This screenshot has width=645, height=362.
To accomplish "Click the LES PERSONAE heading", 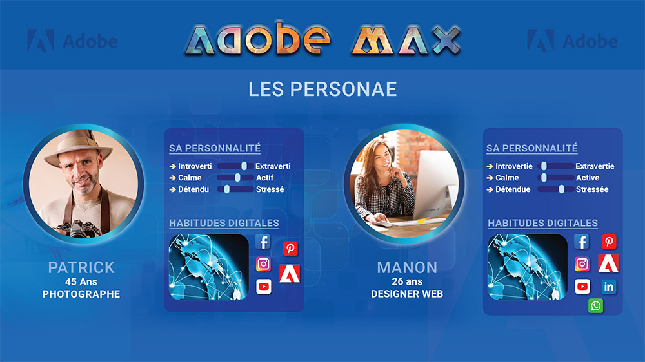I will tap(322, 89).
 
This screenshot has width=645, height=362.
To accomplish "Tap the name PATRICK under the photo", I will tap(81, 267).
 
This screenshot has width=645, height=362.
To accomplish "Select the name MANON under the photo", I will tap(407, 267).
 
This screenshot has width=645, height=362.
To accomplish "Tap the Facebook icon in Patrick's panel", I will tap(263, 242).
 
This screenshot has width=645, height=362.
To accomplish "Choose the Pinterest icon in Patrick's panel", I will tap(290, 249).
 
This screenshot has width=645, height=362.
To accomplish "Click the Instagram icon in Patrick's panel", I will tap(263, 264).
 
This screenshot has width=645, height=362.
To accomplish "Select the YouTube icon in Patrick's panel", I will tap(263, 287).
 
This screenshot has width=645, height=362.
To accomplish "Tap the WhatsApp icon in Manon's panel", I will tap(595, 305).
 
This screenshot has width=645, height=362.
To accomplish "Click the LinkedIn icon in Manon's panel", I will tap(608, 287).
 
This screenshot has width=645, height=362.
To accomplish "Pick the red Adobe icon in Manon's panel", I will tap(608, 263).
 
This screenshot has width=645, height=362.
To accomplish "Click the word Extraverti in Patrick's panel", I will tap(273, 166).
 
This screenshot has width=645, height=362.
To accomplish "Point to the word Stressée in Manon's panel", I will tap(592, 189).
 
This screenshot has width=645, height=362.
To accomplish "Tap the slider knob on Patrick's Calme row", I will tap(237, 178).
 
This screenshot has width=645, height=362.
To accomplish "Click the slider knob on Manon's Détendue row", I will tap(562, 189).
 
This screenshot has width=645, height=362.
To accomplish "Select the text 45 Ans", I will tap(81, 282).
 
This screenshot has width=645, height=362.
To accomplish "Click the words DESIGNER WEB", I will tap(407, 294).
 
